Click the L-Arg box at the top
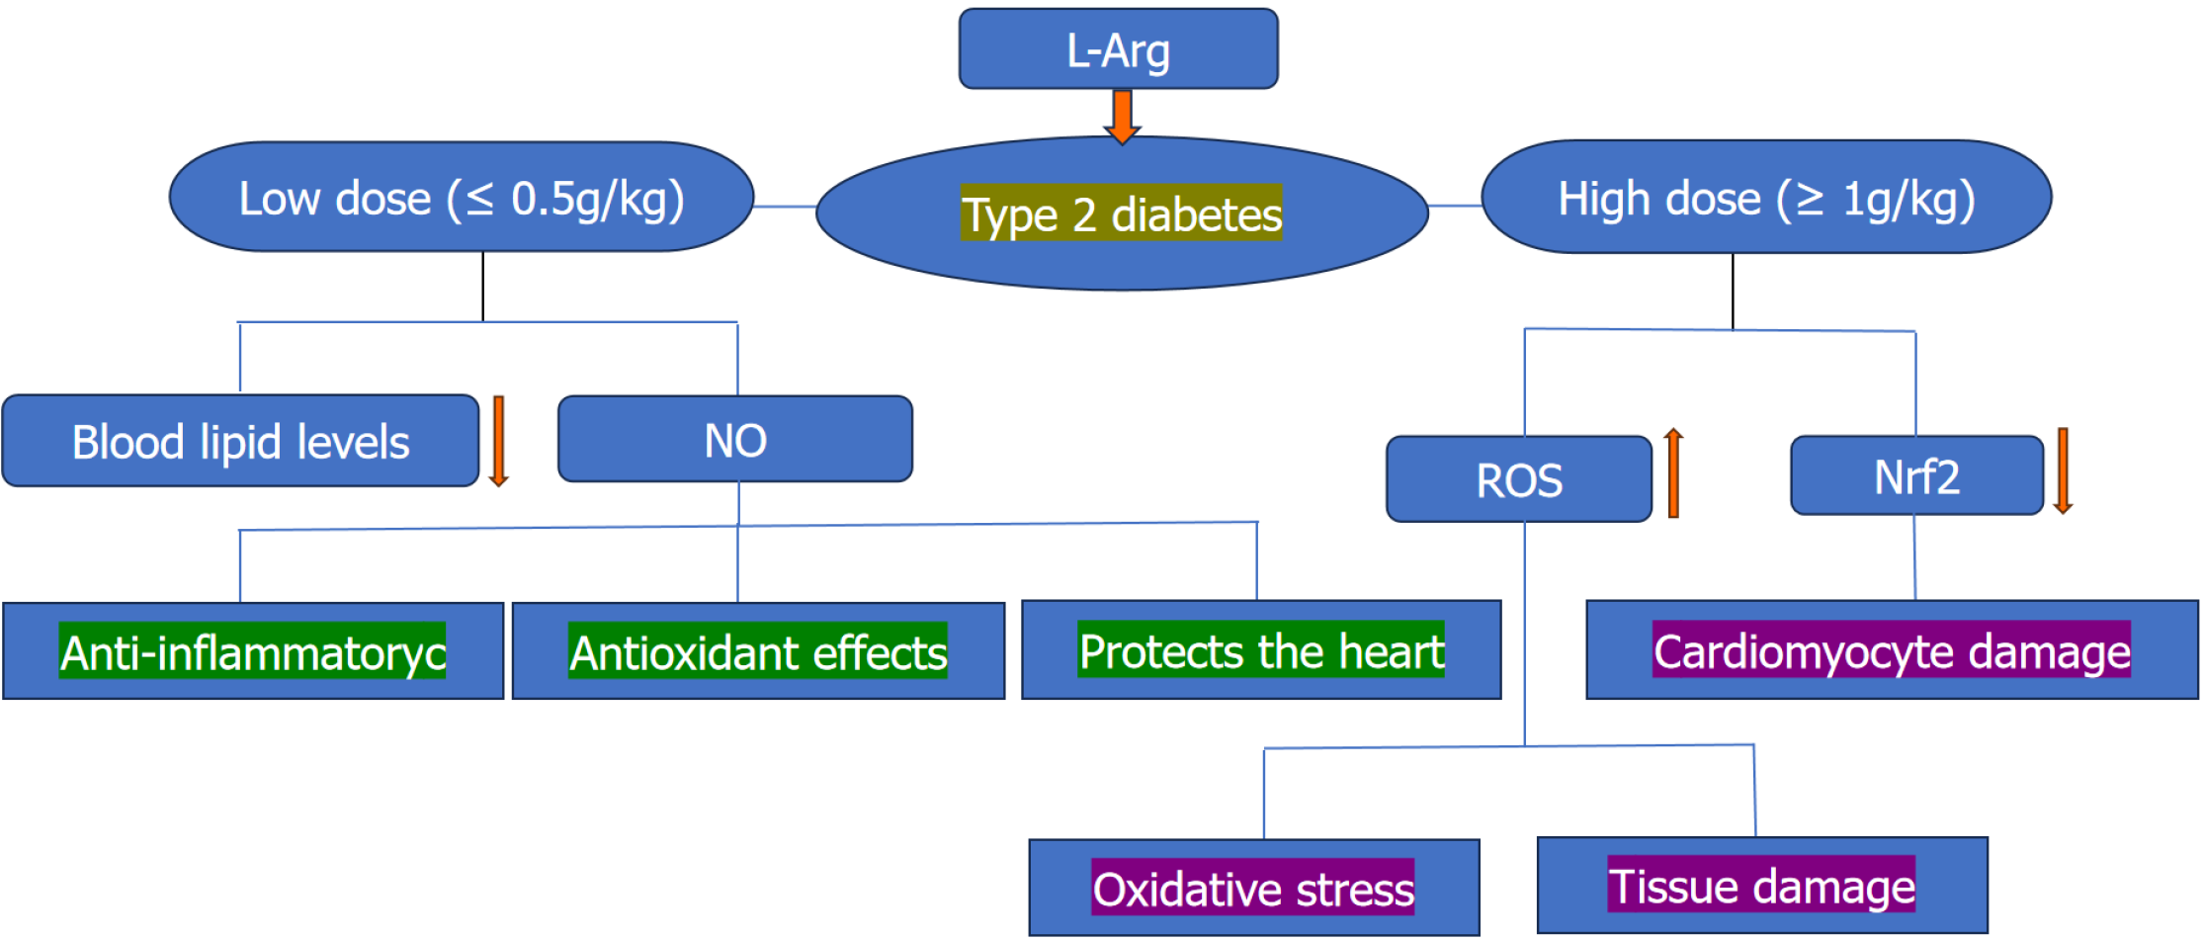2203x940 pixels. pos(1118,49)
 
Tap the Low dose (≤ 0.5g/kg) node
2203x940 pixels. pos(462,198)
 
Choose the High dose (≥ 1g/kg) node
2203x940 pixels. pos(1766,198)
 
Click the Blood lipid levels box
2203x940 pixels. pos(240,442)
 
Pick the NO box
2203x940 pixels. pos(735,440)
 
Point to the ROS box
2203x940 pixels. pos(1519,480)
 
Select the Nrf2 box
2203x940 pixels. pos(1916,476)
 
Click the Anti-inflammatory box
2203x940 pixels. pos(253,652)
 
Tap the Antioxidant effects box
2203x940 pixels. pos(758,652)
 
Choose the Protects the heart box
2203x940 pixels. pos(1261,650)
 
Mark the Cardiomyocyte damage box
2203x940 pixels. pos(1892,651)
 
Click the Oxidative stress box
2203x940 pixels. pos(1253,889)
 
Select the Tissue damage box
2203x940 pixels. pos(1762,886)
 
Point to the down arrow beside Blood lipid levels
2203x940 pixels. pos(499,442)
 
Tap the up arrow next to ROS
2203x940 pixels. pos(1673,472)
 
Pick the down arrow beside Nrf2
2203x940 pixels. pos(2063,470)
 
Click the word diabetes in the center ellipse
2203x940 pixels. pos(1196,214)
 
